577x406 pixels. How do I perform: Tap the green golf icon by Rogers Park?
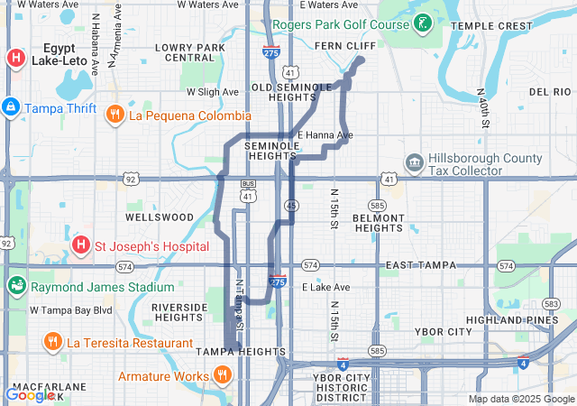[x=422, y=23]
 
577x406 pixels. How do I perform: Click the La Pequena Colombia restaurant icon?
[x=114, y=115]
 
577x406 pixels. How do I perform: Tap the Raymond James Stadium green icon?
[x=15, y=287]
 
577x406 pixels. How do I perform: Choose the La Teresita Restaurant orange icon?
[x=52, y=342]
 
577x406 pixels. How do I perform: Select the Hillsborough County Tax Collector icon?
[x=414, y=163]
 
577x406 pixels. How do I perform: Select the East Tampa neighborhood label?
[x=420, y=265]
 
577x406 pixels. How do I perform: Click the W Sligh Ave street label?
[x=212, y=92]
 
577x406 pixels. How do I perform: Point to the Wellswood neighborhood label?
[x=160, y=217]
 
